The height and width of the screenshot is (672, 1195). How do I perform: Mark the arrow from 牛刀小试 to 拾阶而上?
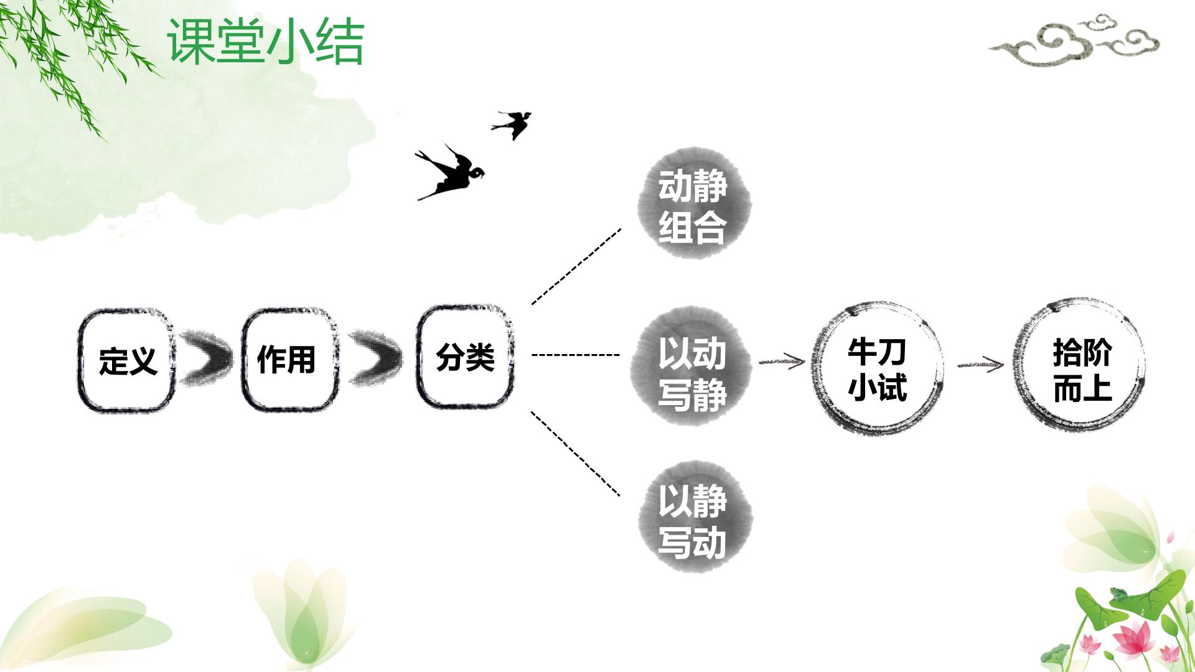[981, 365]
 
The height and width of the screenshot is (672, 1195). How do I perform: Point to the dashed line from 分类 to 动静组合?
[576, 266]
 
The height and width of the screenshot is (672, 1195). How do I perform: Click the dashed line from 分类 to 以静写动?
[576, 454]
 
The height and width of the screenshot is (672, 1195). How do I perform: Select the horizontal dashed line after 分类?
[576, 355]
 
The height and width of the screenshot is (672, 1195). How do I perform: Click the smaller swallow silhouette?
[512, 124]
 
